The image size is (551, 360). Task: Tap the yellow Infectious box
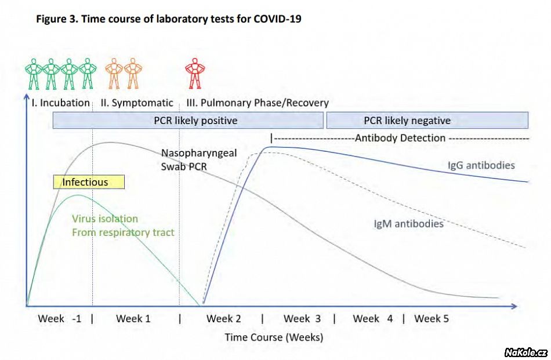[89, 182]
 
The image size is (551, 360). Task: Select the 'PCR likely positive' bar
[188, 121]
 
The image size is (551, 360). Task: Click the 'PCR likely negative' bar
[427, 121]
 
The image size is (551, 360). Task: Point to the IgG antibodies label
[481, 165]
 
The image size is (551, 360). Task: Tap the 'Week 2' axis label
[224, 318]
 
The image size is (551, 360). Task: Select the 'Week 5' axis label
[432, 318]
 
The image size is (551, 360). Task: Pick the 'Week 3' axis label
[302, 318]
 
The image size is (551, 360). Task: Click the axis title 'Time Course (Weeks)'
[274, 337]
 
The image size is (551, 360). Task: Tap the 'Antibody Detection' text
[400, 138]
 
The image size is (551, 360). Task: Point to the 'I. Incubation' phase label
[60, 103]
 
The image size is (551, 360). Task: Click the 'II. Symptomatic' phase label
[137, 103]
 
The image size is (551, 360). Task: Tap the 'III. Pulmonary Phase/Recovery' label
[258, 103]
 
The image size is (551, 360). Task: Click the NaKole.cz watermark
[525, 352]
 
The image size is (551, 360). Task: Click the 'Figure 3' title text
[168, 19]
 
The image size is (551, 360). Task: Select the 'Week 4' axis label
[373, 318]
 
